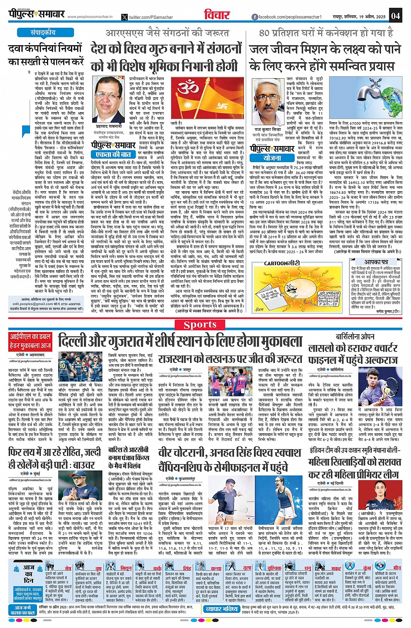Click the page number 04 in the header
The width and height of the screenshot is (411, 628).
pyautogui.click(x=395, y=16)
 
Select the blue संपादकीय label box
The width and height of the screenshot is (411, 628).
pyautogui.click(x=43, y=33)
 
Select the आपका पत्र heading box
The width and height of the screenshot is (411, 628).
pyautogui.click(x=376, y=262)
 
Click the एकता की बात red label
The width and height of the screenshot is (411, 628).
pyautogui.click(x=114, y=154)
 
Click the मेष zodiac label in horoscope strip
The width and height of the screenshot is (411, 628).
pyautogui.click(x=68, y=568)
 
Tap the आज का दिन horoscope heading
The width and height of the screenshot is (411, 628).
pyautogui.click(x=29, y=574)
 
